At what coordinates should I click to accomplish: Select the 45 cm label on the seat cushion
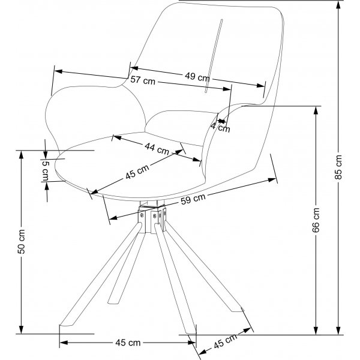pyautogui.click(x=137, y=173)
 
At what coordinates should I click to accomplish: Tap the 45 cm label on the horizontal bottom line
pyautogui.click(x=127, y=343)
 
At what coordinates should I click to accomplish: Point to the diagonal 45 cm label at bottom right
pyautogui.click(x=224, y=344)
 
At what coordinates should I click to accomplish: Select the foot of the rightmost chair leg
pyautogui.click(x=245, y=312)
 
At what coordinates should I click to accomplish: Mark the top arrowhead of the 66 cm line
pyautogui.click(x=316, y=109)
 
